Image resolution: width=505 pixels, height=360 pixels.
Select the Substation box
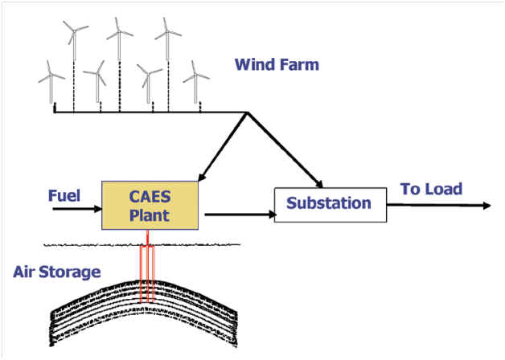click(329, 203)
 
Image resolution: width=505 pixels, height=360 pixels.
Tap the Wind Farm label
click(277, 64)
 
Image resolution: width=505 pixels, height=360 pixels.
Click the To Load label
click(431, 190)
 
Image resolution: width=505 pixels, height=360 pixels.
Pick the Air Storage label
click(57, 272)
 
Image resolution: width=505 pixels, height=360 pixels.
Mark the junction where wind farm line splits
click(245, 112)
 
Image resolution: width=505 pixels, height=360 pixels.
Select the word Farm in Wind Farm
click(299, 64)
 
